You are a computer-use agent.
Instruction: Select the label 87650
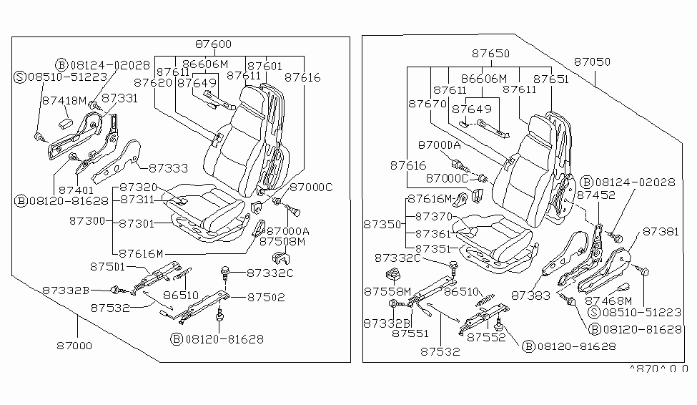[x=490, y=54]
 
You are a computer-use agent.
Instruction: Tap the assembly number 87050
[x=592, y=63]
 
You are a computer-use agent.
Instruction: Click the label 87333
[x=169, y=169]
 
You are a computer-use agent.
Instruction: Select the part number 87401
[x=76, y=190]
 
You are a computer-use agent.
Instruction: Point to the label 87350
[x=382, y=224]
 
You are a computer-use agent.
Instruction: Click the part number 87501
[x=108, y=267]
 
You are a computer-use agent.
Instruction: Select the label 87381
[x=660, y=232]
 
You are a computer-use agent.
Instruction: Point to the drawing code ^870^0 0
[x=658, y=369]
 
